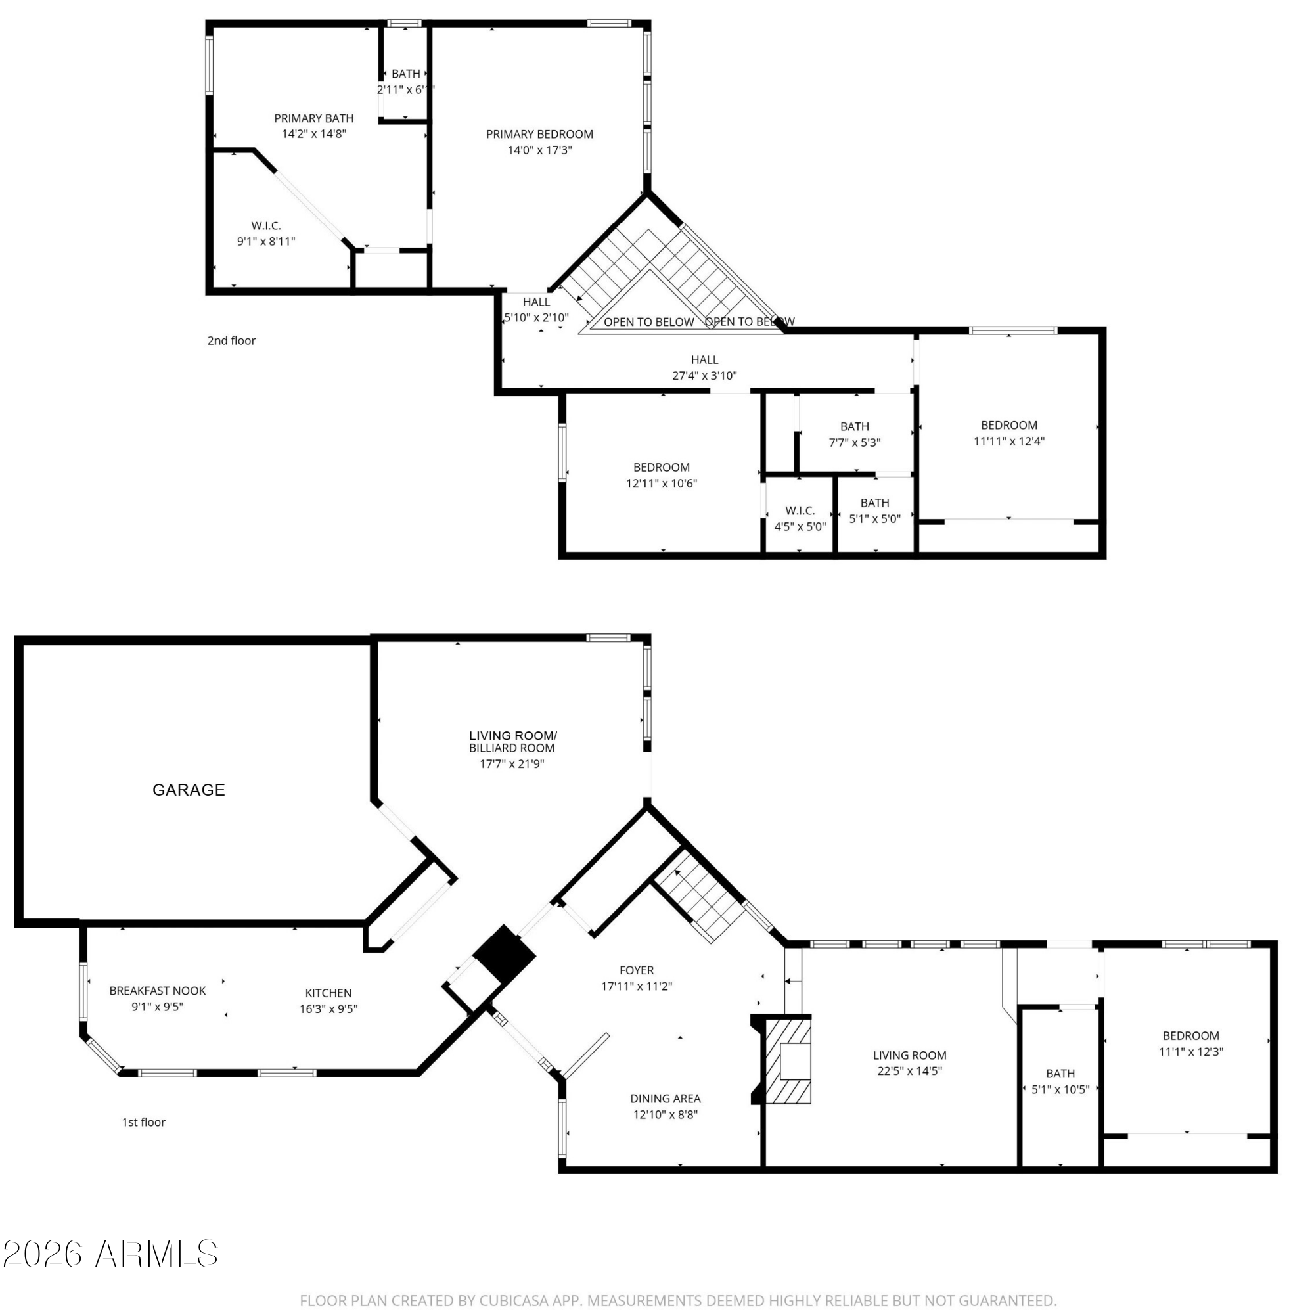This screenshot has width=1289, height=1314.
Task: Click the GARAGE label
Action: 188,790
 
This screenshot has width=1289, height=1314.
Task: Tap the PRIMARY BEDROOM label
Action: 539,134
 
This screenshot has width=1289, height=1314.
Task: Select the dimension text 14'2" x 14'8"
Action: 314,133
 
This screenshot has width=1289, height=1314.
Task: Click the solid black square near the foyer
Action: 505,954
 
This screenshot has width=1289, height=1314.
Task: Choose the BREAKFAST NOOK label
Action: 158,990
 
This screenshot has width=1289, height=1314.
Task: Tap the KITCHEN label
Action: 328,993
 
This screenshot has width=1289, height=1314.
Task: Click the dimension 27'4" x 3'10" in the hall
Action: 705,375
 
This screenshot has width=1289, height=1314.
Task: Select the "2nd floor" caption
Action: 231,340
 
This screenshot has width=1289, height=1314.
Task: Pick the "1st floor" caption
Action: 143,1121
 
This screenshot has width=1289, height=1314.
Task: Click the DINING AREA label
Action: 666,1099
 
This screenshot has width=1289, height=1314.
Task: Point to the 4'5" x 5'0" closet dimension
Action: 800,526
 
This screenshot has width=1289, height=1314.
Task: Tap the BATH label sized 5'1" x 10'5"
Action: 1060,1073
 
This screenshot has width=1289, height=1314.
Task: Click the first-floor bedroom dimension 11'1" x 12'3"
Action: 1191,1051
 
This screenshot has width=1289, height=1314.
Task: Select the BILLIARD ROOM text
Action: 512,748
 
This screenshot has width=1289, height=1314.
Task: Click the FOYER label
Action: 637,970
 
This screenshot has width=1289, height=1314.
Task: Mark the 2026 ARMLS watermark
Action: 110,1254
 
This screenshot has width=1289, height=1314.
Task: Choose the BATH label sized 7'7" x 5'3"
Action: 854,426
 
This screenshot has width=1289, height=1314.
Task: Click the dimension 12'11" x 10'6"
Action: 662,483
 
